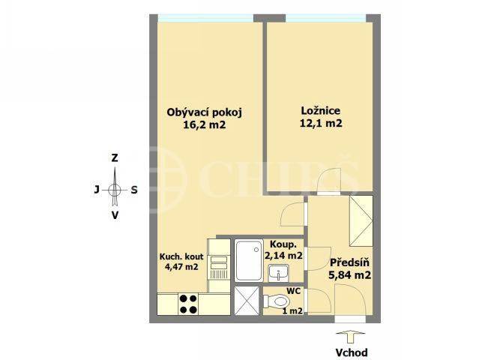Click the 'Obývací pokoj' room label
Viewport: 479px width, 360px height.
coord(204,112)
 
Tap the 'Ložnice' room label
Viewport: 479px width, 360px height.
coord(320,110)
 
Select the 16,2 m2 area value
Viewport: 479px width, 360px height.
coord(204,124)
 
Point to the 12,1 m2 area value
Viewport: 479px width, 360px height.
coord(320,123)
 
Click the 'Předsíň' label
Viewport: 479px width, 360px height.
coord(349,262)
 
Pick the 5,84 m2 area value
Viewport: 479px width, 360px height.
coord(349,275)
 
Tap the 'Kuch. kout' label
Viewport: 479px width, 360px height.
coord(181,256)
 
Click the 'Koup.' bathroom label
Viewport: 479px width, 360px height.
coord(283,244)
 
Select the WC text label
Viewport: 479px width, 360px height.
coord(293,291)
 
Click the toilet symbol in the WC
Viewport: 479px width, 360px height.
coord(276,301)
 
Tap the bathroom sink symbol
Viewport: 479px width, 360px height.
coord(278,273)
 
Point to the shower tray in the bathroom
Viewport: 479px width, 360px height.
coord(249,260)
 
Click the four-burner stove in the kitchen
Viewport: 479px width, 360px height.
coord(188,304)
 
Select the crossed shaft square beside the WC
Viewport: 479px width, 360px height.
coord(246,301)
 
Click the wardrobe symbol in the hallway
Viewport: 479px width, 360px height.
coord(361,221)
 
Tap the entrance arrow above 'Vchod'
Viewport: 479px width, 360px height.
coord(350,337)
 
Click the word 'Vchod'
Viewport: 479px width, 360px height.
coord(352,352)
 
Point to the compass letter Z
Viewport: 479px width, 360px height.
coord(115,158)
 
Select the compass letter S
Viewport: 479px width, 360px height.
coord(134,190)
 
